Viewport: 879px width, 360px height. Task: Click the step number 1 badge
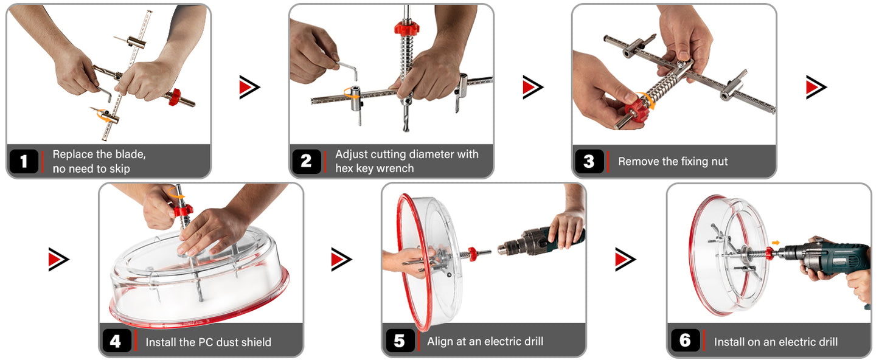pos(24,162)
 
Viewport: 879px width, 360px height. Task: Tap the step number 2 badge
pos(306,162)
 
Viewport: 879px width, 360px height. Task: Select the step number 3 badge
pos(588,162)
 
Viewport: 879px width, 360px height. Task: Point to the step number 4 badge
pos(116,341)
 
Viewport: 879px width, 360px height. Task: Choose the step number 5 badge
pos(399,341)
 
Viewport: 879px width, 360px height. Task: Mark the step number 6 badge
pos(685,341)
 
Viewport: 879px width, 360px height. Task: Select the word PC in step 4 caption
pos(210,342)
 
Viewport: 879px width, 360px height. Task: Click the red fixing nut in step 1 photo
pos(175,96)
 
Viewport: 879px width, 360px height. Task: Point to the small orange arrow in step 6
pos(774,243)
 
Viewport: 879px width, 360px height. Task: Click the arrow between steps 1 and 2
pos(249,88)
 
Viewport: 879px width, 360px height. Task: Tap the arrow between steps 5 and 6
pos(625,259)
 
